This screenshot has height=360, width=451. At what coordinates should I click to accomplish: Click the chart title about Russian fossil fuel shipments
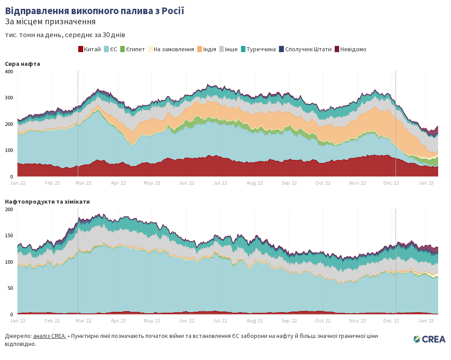pyautogui.click(x=95, y=11)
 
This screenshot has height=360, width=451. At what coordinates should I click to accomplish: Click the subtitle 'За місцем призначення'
pyautogui.click(x=50, y=22)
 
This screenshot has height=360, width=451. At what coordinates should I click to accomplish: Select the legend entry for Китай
pyautogui.click(x=90, y=49)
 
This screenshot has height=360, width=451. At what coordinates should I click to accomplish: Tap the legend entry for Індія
pyautogui.click(x=206, y=49)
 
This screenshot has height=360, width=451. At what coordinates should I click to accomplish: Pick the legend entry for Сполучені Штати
pyautogui.click(x=305, y=49)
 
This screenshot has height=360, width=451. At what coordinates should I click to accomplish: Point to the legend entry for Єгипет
pyautogui.click(x=132, y=49)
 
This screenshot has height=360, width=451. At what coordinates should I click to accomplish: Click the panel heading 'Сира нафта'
pyautogui.click(x=23, y=64)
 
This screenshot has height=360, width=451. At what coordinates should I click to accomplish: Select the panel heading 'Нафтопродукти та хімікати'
pyautogui.click(x=47, y=202)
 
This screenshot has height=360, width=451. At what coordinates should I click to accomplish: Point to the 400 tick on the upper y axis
pyautogui.click(x=9, y=72)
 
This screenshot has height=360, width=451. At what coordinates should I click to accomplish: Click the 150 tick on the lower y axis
pyautogui.click(x=9, y=235)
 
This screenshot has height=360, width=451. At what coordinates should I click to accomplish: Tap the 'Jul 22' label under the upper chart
pyautogui.click(x=220, y=183)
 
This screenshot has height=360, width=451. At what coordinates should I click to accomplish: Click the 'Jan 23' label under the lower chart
pyautogui.click(x=426, y=321)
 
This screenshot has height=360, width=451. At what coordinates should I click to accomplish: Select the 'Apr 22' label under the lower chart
pyautogui.click(x=118, y=321)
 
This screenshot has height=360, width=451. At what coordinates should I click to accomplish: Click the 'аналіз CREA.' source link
pyautogui.click(x=50, y=336)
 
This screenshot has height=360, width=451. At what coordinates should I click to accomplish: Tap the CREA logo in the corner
pyautogui.click(x=429, y=339)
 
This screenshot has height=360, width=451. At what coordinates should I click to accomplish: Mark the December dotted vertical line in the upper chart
pyautogui.click(x=395, y=124)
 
